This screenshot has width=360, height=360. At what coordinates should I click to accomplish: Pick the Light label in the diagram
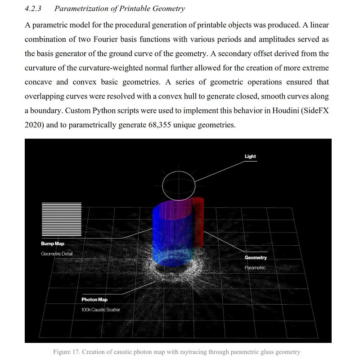(250, 157)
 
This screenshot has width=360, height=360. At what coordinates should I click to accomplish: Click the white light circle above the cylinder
(179, 185)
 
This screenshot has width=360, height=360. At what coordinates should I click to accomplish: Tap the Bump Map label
(53, 244)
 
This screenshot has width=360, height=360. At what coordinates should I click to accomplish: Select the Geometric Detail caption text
(57, 254)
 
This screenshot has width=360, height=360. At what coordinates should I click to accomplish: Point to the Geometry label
(256, 258)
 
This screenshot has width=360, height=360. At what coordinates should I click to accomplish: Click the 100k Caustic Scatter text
(101, 310)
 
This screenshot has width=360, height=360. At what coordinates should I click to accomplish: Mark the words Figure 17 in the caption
(66, 352)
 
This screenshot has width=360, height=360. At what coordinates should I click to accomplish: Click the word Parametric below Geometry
(255, 268)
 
